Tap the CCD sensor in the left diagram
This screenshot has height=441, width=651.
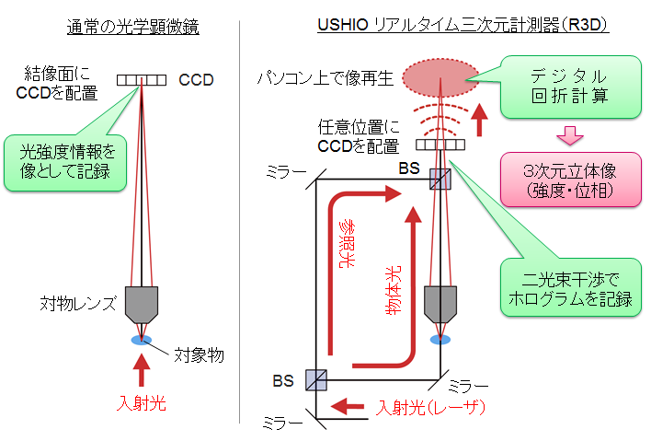pyautogui.click(x=143, y=80)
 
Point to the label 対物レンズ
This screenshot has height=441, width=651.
pyautogui.click(x=77, y=302)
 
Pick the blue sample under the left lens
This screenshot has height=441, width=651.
pyautogui.click(x=142, y=341)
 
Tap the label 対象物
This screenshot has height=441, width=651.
pyautogui.click(x=199, y=354)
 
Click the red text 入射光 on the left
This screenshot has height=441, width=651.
pyautogui.click(x=142, y=402)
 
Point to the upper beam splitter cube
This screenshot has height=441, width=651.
pyautogui.click(x=440, y=179)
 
